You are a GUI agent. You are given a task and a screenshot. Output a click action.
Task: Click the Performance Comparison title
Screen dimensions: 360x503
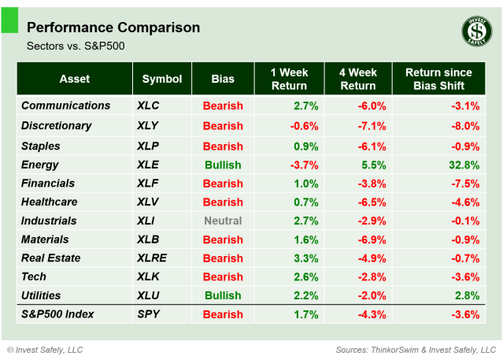click(x=113, y=28)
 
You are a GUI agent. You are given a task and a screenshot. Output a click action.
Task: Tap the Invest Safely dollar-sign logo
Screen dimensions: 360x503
click(x=475, y=31)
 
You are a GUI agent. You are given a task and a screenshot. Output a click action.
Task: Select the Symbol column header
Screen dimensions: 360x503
click(x=162, y=79)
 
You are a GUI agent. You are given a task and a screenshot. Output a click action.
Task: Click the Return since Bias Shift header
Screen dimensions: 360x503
click(x=436, y=79)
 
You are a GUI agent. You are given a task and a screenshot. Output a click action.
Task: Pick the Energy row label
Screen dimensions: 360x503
click(x=40, y=164)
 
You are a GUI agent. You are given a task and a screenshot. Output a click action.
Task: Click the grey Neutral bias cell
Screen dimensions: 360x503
click(x=223, y=221)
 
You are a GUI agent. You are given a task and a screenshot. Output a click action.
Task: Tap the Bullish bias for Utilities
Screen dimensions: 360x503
click(x=223, y=295)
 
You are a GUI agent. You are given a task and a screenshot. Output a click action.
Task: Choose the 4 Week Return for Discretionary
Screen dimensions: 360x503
click(x=372, y=126)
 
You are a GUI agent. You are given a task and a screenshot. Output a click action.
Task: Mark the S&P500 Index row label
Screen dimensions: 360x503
click(x=57, y=314)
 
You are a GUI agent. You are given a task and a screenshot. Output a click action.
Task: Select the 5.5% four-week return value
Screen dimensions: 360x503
click(x=374, y=165)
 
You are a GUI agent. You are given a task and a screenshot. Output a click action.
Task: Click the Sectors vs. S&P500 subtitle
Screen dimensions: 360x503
click(x=76, y=46)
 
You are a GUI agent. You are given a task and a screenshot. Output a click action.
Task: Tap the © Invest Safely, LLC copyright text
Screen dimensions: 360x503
click(x=45, y=349)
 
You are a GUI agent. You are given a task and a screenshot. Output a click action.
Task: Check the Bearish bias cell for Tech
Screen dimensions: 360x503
click(x=223, y=276)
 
